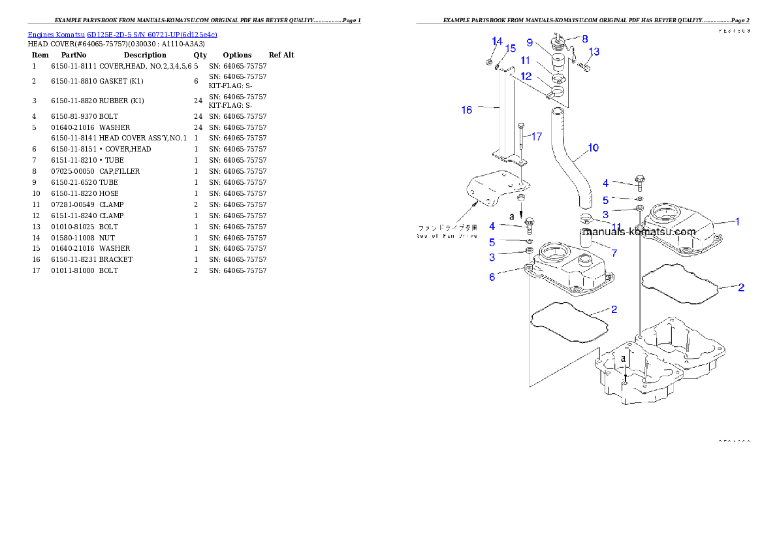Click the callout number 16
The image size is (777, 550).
[x=466, y=110]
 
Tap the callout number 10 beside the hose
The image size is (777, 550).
[x=593, y=148]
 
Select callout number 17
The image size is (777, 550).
[x=536, y=137]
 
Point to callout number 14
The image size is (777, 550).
[x=496, y=42]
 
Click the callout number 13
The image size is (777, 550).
[x=594, y=52]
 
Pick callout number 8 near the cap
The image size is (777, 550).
[x=584, y=39]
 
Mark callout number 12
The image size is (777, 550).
[x=526, y=76]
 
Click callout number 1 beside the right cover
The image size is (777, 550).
[x=737, y=221]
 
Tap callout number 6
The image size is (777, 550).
[x=492, y=277]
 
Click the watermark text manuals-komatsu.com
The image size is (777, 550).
[x=639, y=231]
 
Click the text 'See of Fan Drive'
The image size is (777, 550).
[x=447, y=236]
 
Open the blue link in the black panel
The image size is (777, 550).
[x=122, y=34]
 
